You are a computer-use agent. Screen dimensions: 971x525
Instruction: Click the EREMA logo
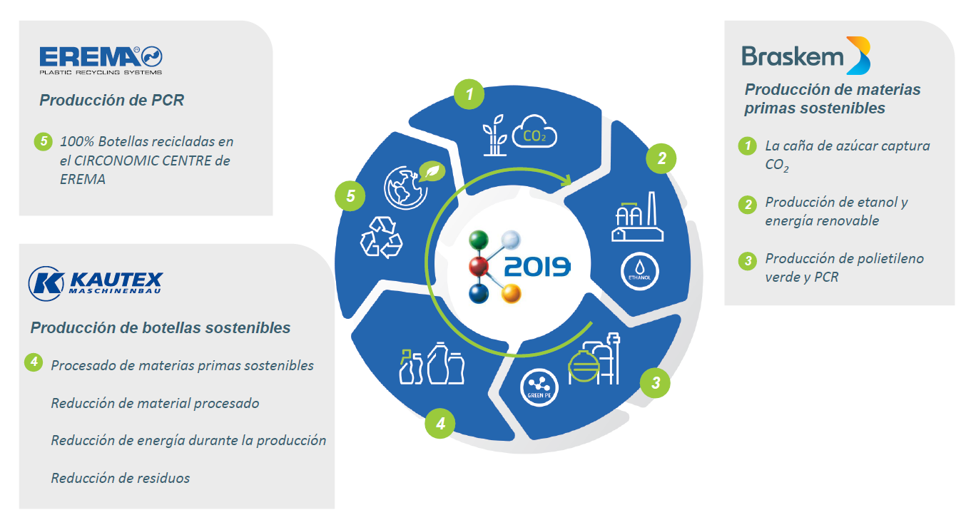[x=101, y=61]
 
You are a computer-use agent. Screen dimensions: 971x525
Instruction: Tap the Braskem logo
[x=806, y=56]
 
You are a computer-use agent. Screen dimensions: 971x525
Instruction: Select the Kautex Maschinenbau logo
[x=96, y=283]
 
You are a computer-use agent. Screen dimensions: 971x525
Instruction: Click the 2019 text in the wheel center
[x=537, y=267]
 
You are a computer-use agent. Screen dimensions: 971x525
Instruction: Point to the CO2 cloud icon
[x=534, y=131]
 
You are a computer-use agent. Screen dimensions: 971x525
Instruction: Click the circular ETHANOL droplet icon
[x=639, y=272]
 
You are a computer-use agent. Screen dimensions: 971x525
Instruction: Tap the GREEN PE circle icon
[x=539, y=387]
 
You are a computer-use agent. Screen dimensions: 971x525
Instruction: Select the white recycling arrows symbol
[x=382, y=237]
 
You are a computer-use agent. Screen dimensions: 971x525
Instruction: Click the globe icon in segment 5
[x=406, y=188]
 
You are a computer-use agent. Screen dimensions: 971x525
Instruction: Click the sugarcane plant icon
[x=494, y=135]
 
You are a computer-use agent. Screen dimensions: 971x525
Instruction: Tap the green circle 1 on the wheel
[x=469, y=94]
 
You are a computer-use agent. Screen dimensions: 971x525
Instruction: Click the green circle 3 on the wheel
[x=655, y=383]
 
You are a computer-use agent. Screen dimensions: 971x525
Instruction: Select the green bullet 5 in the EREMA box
[x=44, y=141]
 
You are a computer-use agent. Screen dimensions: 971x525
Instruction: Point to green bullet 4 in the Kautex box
[x=34, y=362]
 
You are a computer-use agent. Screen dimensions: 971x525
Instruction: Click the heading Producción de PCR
[x=112, y=100]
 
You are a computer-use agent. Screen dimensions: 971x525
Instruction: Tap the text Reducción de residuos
[x=121, y=478]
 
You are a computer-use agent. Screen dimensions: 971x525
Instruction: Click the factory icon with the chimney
[x=637, y=216]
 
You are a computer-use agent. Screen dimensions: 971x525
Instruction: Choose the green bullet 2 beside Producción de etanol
[x=748, y=204]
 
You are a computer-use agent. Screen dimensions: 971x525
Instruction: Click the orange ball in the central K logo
[x=511, y=293]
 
